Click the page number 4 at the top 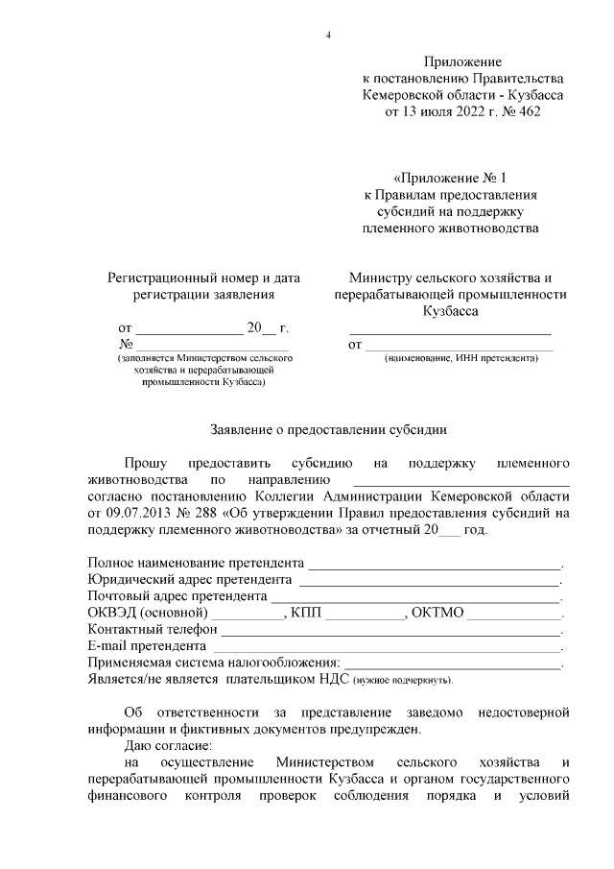tap(328, 36)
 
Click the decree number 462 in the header tap(549, 111)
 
